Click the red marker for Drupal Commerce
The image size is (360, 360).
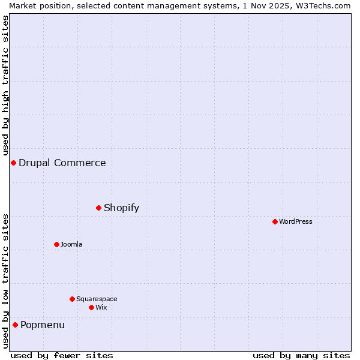click(x=13, y=163)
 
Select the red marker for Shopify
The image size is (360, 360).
click(x=99, y=208)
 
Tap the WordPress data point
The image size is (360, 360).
click(x=275, y=222)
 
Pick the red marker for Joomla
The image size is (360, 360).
click(x=57, y=245)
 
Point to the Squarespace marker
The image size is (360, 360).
click(x=73, y=299)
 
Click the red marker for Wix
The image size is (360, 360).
click(x=92, y=308)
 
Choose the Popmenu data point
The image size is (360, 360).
click(x=16, y=325)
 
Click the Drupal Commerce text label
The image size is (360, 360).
click(x=62, y=163)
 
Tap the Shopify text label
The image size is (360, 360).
click(x=121, y=208)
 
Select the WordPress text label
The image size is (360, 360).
click(x=296, y=222)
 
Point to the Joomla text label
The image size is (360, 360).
click(x=71, y=245)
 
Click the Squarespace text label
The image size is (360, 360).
click(x=97, y=299)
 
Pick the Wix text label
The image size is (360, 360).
click(x=101, y=308)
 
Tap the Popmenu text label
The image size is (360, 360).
click(x=43, y=325)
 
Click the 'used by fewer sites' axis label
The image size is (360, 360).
click(x=62, y=355)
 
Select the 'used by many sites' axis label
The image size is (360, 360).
click(x=301, y=355)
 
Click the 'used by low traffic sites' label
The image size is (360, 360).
click(x=5, y=281)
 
